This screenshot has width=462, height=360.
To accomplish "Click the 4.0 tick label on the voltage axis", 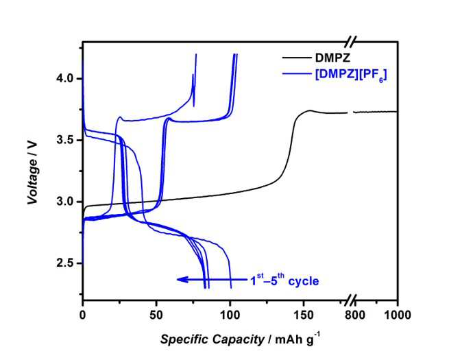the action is tap(64, 79).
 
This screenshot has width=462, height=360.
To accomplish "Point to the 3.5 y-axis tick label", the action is tap(64, 140).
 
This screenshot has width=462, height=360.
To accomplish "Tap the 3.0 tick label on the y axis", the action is tap(64, 202).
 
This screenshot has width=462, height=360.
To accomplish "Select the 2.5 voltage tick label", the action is tap(64, 263).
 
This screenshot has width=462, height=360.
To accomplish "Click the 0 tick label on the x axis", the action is tap(83, 315).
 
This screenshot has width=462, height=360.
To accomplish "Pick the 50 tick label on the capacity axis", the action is tap(156, 315).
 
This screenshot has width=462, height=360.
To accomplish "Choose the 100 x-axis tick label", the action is tap(230, 315).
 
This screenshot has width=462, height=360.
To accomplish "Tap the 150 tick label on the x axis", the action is tap(304, 315).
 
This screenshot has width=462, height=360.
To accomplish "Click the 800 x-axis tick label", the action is tap(354, 315).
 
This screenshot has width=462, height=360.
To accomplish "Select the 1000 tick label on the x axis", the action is tap(398, 315).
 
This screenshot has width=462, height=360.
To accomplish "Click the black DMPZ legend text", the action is tap(333, 58).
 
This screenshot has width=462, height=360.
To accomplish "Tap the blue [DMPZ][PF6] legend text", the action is tap(351, 75).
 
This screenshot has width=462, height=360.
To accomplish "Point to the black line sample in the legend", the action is tap(297, 58).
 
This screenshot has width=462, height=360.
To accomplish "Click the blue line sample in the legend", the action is tap(297, 73).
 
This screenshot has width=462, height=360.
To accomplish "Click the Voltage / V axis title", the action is tap(33, 172).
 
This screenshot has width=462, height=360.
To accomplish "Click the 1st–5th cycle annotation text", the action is tap(284, 280).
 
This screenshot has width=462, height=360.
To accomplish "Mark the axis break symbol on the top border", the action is tap(351, 42).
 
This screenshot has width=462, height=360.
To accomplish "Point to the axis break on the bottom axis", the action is tap(351, 300).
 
